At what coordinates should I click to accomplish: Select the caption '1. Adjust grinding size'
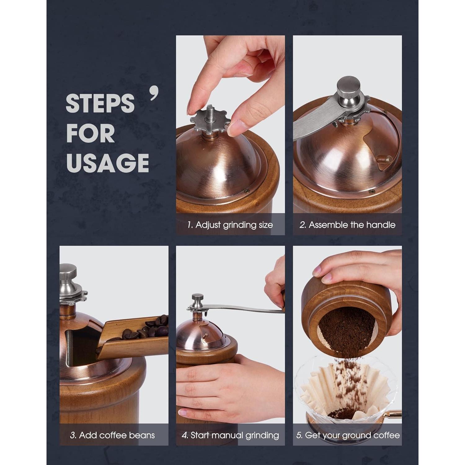[230, 225]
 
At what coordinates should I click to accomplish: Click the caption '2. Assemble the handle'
[348, 225]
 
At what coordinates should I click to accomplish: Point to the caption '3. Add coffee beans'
[113, 435]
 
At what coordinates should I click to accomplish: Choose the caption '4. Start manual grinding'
[230, 436]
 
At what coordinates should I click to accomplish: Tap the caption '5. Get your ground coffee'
[348, 436]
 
